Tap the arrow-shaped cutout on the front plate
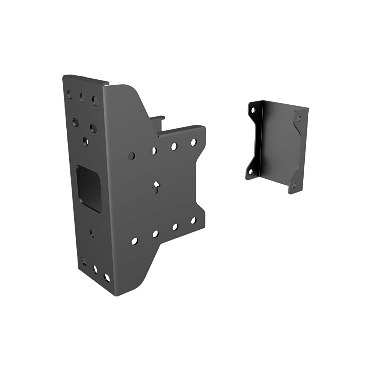coord(156,185)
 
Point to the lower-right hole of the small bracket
coord(294,185)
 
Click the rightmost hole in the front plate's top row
coord(193,142)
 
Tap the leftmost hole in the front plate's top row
coord(131,156)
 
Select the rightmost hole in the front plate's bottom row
coord(193,220)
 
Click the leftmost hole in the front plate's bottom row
coord(134,240)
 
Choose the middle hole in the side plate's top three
coord(81,97)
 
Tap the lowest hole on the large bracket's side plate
coord(106,278)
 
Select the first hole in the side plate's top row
coord(70,94)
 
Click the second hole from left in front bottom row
coord(155,234)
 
